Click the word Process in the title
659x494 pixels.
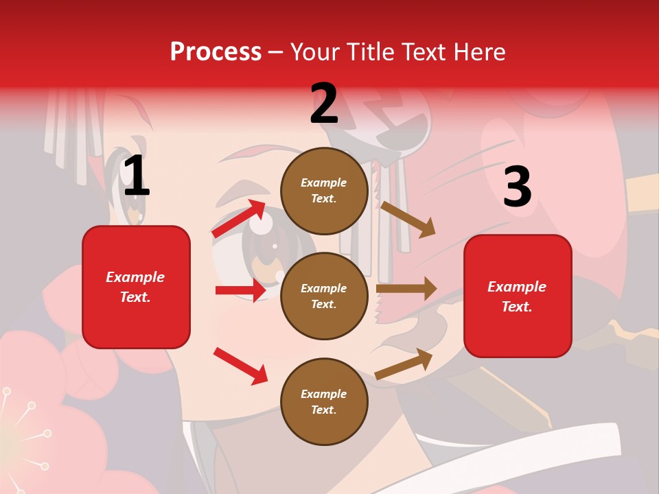click(216, 52)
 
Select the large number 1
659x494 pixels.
click(137, 177)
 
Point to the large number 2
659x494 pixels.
click(324, 104)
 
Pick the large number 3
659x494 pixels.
click(518, 187)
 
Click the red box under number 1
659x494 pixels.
click(136, 287)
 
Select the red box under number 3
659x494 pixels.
click(518, 296)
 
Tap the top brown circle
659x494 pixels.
click(324, 191)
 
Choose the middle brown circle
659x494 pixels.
click(324, 296)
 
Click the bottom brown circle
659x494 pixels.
click(324, 401)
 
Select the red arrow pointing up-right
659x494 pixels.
click(238, 218)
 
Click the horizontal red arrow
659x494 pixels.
click(240, 290)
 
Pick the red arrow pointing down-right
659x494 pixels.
click(240, 366)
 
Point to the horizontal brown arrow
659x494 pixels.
click(406, 288)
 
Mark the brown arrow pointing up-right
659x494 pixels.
click(404, 364)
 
